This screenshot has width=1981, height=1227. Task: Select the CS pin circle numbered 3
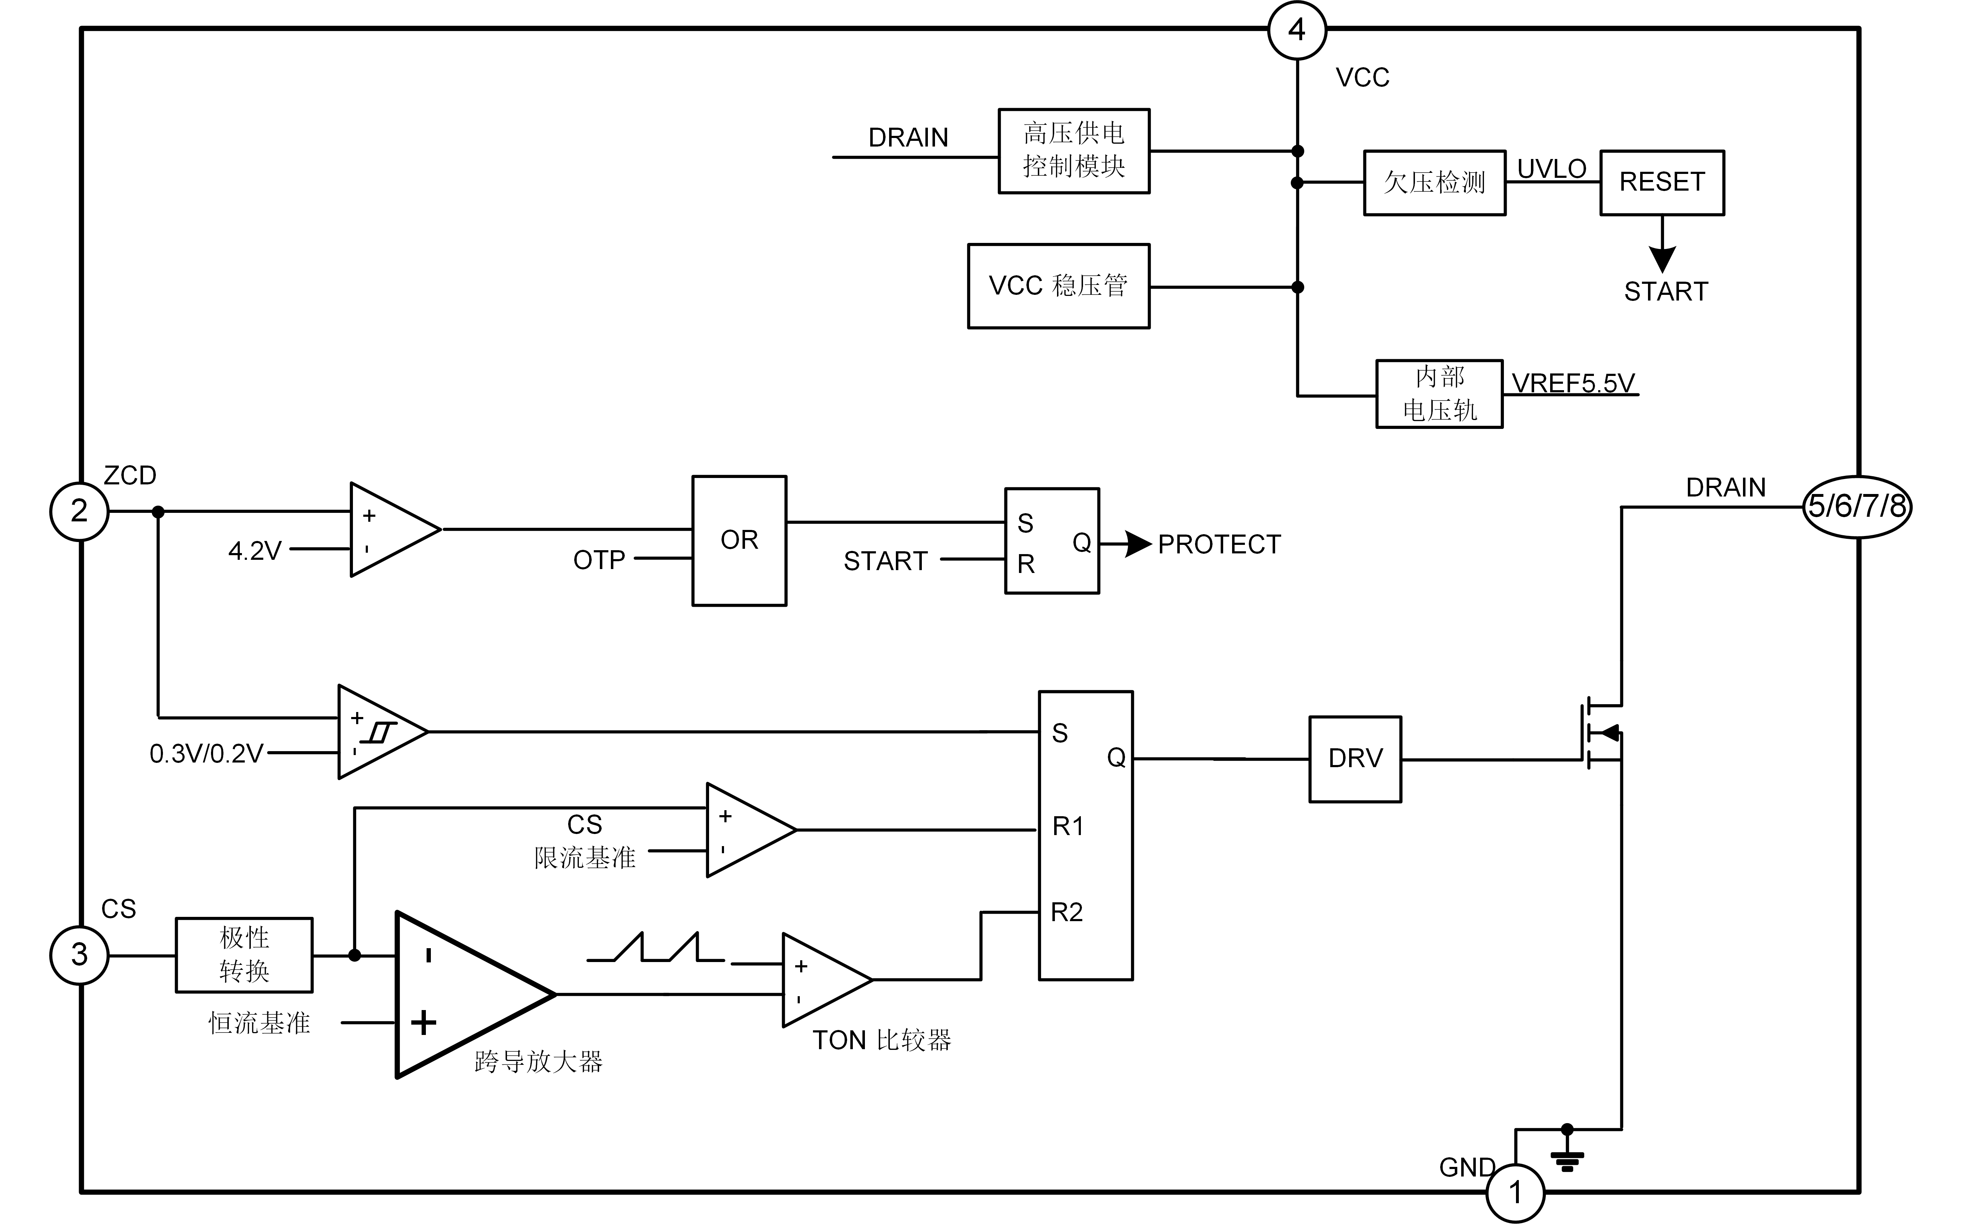pyautogui.click(x=79, y=955)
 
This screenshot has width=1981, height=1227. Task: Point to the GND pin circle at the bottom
pyautogui.click(x=1515, y=1193)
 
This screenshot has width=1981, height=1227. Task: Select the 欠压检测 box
pyautogui.click(x=1434, y=182)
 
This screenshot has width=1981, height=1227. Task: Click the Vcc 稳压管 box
pyautogui.click(x=1059, y=286)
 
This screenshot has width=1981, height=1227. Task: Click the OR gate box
pyautogui.click(x=739, y=541)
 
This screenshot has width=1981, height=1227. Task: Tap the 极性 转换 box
pyautogui.click(x=244, y=955)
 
